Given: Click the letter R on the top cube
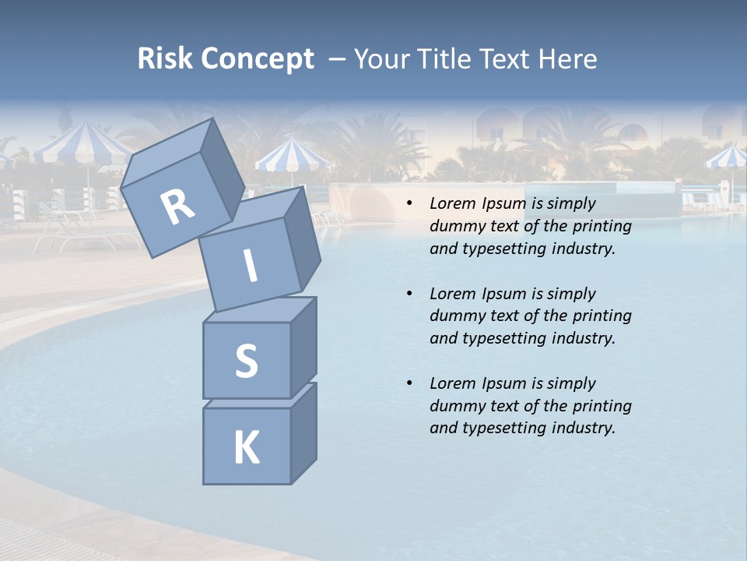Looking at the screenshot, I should tap(177, 208).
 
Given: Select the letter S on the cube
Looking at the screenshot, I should tap(246, 361).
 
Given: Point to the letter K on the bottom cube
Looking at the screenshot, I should tap(246, 448).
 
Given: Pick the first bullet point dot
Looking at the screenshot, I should tap(409, 204).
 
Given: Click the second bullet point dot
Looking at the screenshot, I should tap(409, 295).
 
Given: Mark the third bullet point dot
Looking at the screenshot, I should tap(409, 384).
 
